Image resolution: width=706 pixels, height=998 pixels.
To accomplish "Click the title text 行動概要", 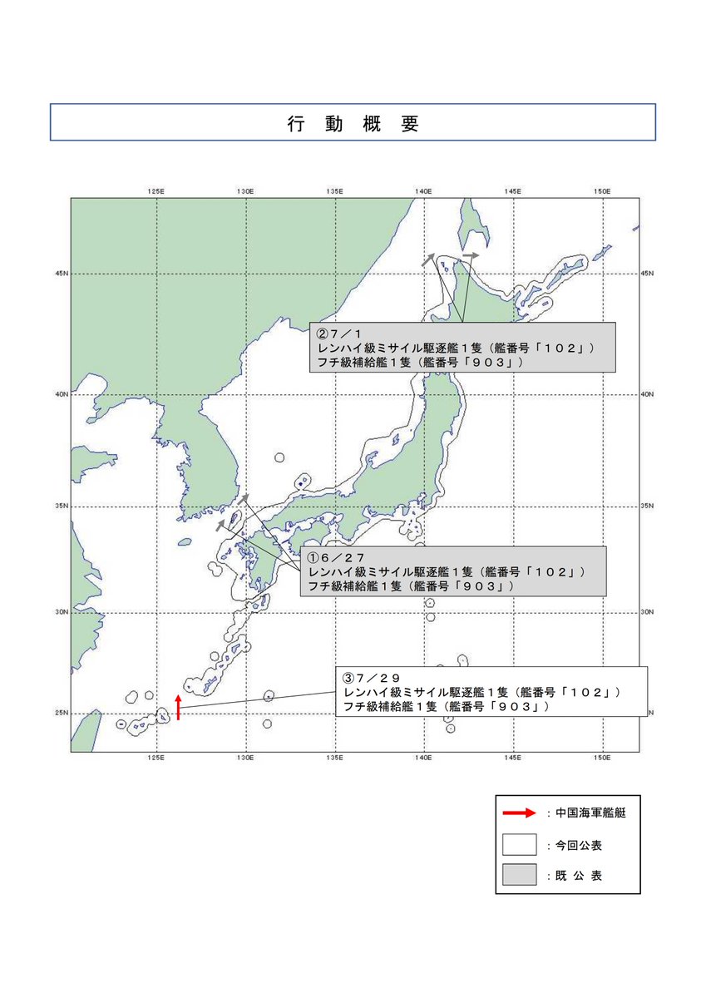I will (x=353, y=124).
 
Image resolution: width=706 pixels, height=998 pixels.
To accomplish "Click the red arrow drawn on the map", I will (x=178, y=706).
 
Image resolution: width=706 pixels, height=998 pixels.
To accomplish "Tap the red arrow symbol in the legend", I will (x=519, y=813).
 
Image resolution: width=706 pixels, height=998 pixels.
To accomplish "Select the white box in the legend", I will (x=519, y=844).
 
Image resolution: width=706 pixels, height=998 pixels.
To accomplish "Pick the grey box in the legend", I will (x=519, y=875).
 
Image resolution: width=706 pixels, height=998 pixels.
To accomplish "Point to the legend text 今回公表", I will (x=579, y=845).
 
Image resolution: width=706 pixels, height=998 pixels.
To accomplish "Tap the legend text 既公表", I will (x=579, y=876).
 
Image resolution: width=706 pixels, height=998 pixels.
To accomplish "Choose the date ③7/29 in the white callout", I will (x=372, y=677).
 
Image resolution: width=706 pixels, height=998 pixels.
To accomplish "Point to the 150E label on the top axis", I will (x=602, y=191).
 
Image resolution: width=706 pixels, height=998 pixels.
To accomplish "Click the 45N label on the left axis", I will (x=62, y=273).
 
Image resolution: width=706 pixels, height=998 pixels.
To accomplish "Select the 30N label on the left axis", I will (x=62, y=612).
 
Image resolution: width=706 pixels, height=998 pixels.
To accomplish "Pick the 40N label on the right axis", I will (x=648, y=394).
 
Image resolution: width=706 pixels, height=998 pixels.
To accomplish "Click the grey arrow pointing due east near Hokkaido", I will (x=471, y=255).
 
